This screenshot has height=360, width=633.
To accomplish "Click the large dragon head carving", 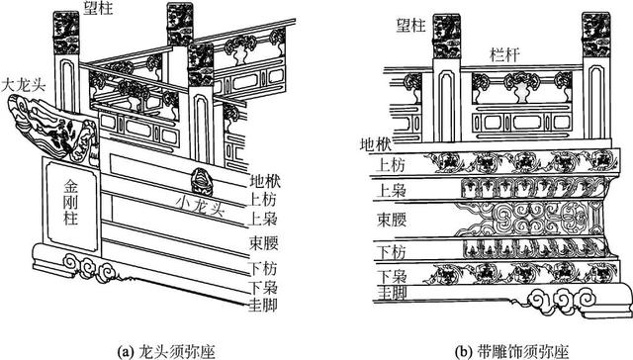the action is click(52, 130).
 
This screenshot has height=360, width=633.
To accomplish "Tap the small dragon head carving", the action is click(201, 182).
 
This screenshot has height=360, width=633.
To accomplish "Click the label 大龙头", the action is click(24, 85).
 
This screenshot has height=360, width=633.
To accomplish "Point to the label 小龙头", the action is click(200, 207).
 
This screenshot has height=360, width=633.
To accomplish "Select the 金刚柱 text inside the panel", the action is click(70, 202).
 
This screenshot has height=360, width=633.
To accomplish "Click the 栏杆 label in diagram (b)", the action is click(504, 54).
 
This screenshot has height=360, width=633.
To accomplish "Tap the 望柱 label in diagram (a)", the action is click(99, 8).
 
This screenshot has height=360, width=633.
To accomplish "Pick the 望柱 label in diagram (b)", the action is click(411, 26).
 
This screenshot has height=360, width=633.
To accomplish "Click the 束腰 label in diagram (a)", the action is click(264, 243).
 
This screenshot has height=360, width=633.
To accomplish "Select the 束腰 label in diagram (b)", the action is click(392, 220).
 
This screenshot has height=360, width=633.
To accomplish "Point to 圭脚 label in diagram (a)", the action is click(263, 305).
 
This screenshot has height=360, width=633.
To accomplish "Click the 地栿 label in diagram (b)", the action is click(376, 144).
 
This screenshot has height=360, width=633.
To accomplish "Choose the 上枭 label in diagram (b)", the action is click(391, 191).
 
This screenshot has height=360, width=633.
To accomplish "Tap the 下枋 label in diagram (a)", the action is click(262, 268).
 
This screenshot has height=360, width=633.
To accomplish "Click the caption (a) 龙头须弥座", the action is click(165, 351).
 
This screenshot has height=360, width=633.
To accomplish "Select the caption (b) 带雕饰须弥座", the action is click(511, 351).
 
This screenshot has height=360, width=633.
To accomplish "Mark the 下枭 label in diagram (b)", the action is click(392, 277).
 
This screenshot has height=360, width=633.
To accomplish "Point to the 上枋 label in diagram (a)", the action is click(262, 200).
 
